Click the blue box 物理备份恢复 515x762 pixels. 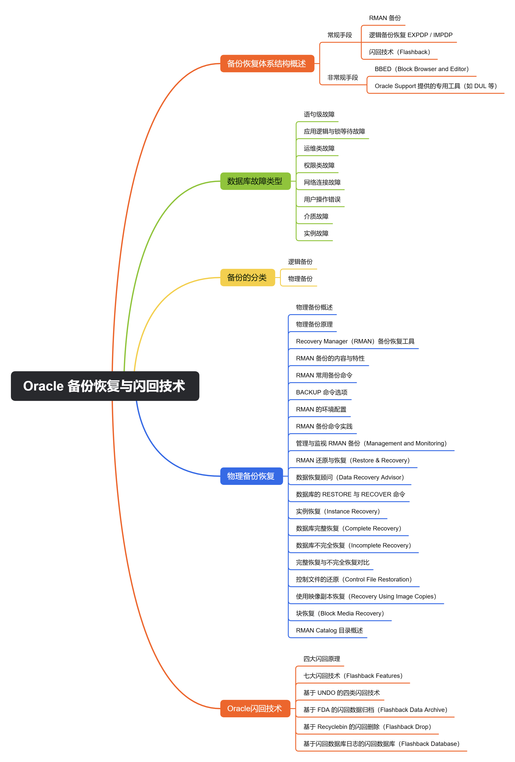pyautogui.click(x=251, y=476)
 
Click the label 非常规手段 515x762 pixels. pyautogui.click(x=342, y=77)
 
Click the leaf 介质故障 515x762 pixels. pyautogui.click(x=316, y=216)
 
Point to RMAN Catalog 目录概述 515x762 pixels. pyautogui.click(x=329, y=631)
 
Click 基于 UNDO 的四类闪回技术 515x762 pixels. pyautogui.click(x=341, y=693)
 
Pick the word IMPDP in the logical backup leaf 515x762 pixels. pyautogui.click(x=443, y=35)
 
